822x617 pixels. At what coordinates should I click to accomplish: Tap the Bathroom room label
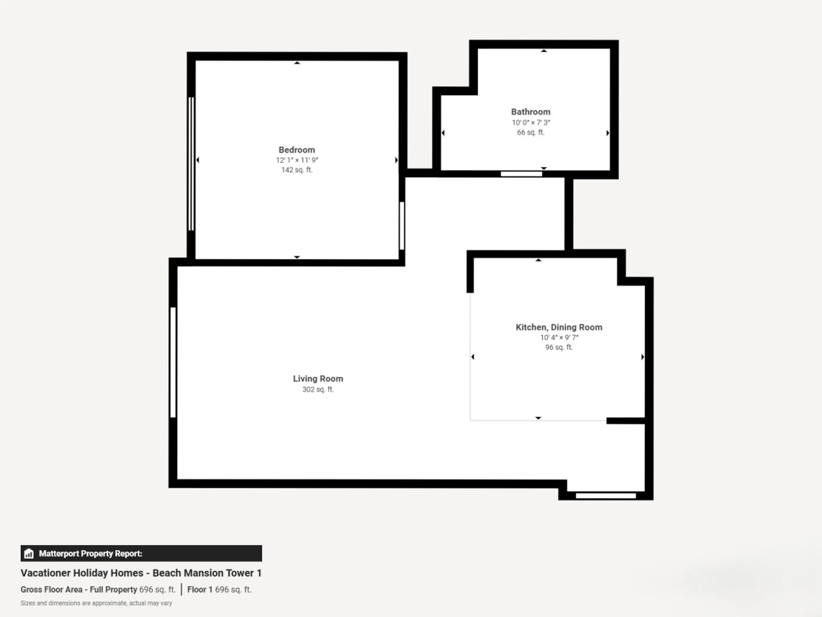[531, 112]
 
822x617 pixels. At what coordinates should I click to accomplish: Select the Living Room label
[318, 379]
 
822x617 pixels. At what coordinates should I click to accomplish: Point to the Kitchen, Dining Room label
[559, 327]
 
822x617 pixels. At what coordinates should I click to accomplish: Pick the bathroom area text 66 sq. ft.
[531, 132]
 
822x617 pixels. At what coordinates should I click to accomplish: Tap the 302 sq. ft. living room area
[318, 389]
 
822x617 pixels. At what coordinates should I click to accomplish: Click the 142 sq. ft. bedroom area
[297, 170]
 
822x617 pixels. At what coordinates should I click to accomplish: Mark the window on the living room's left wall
[173, 362]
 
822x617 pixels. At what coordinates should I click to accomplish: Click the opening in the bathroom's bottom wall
[521, 174]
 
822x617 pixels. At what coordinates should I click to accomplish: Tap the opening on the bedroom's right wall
[402, 225]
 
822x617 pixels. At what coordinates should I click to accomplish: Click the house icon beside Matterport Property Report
[29, 554]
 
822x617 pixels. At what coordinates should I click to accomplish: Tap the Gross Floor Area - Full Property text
[79, 590]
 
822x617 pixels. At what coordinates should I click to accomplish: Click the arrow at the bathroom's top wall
[544, 51]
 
